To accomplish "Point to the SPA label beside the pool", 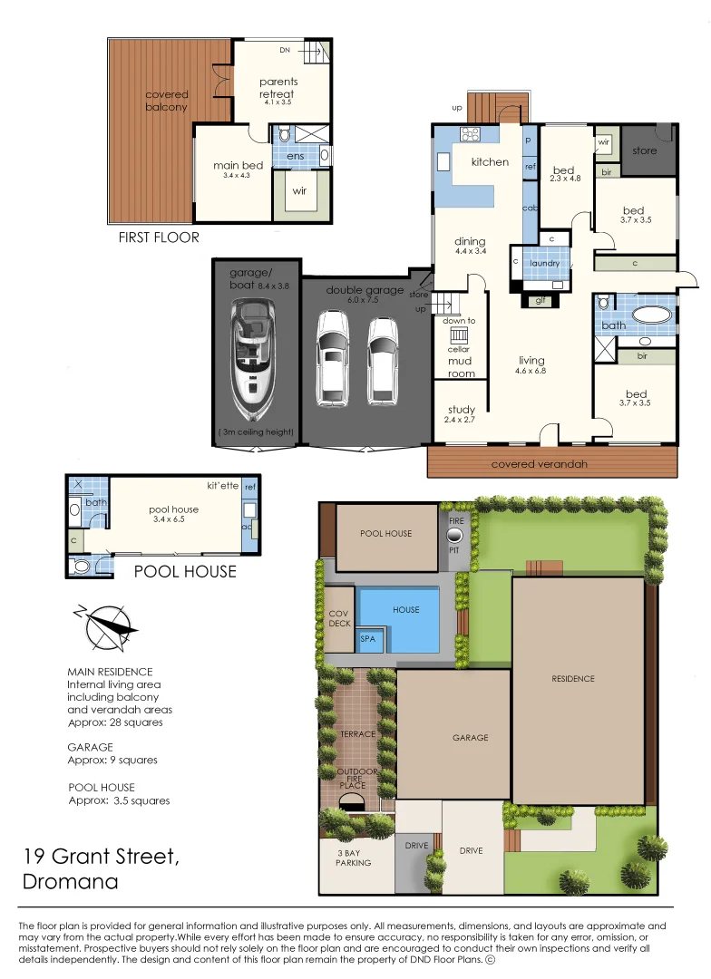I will pos(368,639).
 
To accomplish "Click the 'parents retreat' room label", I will pos(278,87).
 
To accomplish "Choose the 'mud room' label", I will pos(460,367).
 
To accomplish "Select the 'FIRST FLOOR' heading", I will pos(159,237).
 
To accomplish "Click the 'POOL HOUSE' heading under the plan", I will pos(185,571).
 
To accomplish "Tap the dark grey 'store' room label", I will pos(644,150).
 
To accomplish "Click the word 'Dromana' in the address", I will pos(71,881).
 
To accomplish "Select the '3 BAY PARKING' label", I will pos(353,858).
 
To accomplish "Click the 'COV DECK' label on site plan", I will pos(338,618).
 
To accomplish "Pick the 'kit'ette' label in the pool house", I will pos(222,485).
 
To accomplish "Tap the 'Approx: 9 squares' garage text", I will pos(112,760).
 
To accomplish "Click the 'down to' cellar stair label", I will pos(459,321).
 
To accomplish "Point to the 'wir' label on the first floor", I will pos(297,191).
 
